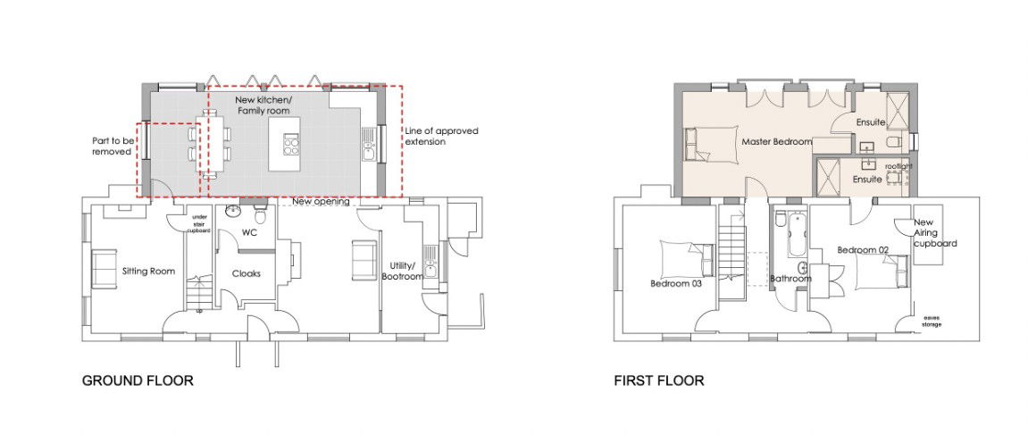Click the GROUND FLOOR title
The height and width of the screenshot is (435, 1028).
click(x=138, y=381)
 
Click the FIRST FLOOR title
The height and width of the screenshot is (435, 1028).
click(x=659, y=381)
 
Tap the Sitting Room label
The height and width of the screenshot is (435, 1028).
click(x=149, y=271)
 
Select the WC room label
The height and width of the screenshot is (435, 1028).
click(x=248, y=233)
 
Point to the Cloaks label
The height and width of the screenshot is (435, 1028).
click(x=247, y=273)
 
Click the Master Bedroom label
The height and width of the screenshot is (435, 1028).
click(x=777, y=142)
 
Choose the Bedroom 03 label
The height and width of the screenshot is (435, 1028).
click(x=676, y=284)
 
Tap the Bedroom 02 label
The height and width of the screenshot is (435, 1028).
click(x=863, y=250)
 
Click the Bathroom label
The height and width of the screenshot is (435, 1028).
click(x=790, y=279)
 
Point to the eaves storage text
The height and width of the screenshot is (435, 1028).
click(x=931, y=321)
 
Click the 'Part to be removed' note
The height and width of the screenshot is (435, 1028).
click(x=112, y=146)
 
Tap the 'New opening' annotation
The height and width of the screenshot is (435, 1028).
click(x=321, y=202)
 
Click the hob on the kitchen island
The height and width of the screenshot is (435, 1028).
click(x=290, y=144)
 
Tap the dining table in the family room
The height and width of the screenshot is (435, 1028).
click(x=211, y=145)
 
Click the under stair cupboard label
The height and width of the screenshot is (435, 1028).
click(x=198, y=223)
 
